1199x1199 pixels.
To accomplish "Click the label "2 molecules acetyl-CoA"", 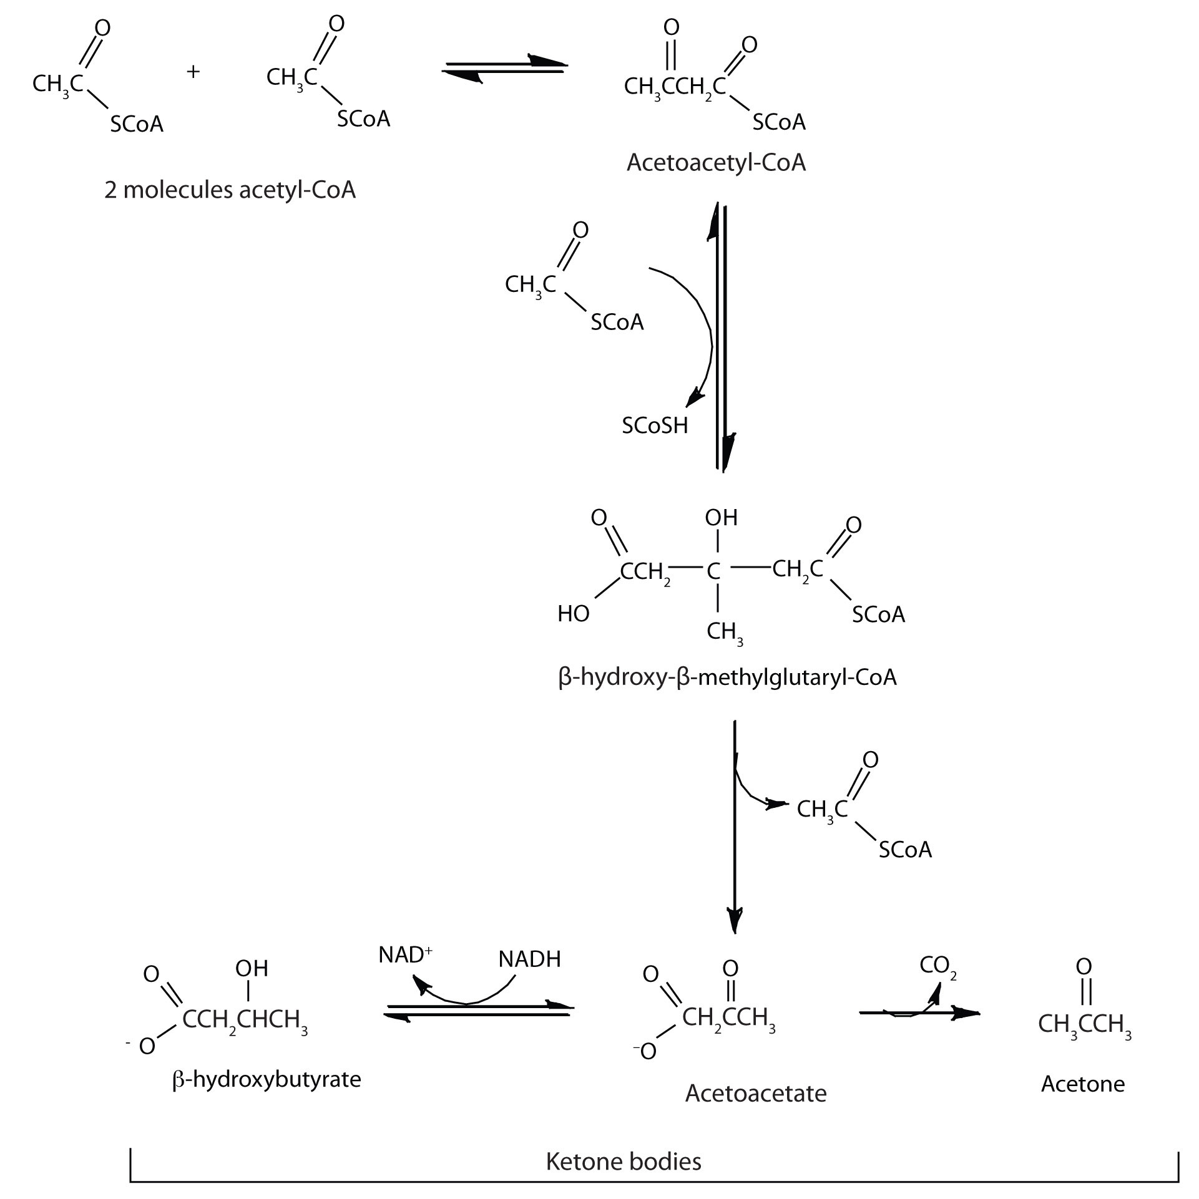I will pos(230,190).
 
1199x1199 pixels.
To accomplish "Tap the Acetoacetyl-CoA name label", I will pos(716,163).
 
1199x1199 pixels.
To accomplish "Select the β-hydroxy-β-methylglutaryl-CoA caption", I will pos(727,677).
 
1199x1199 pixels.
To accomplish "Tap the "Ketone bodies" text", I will pos(624,1161).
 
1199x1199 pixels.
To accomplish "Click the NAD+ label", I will pos(405,955).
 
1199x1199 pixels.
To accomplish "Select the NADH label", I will pos(529,959).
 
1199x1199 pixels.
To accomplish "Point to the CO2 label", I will pos(938,966).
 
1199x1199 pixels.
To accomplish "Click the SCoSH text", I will pos(655,425).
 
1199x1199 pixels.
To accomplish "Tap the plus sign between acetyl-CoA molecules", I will pos(193,72).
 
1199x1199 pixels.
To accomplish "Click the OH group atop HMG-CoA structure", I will pos(721,517).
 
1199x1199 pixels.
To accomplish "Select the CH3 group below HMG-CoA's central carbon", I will pos(724,633).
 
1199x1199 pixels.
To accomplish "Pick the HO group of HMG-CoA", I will pos(573,614).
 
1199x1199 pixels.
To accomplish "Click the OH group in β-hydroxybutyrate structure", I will pos(252,968).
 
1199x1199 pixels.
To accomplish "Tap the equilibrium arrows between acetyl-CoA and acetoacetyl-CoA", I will pos(504,67).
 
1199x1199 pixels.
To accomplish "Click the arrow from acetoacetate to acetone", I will pos(918,1012).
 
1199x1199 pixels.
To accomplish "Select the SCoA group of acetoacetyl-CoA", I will pos(778,122).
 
